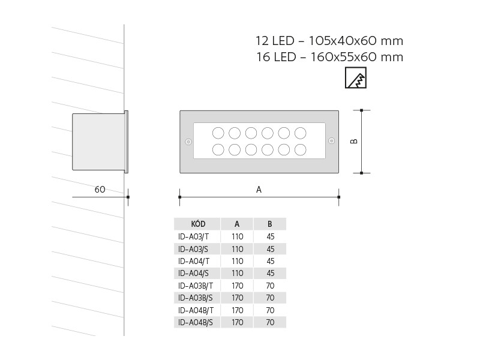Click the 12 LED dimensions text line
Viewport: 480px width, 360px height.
pyautogui.click(x=329, y=41)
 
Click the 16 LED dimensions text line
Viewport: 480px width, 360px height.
pyautogui.click(x=329, y=57)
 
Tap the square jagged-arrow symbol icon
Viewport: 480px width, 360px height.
pyautogui.click(x=356, y=78)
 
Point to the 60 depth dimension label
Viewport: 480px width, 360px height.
pyautogui.click(x=100, y=190)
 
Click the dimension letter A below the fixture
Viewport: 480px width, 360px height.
pyautogui.click(x=259, y=189)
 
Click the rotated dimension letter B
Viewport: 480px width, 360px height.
pyautogui.click(x=354, y=142)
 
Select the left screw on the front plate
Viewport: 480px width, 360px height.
pyautogui.click(x=188, y=142)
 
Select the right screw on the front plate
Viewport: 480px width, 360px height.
pyautogui.click(x=331, y=142)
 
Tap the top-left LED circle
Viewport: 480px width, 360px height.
pyautogui.click(x=218, y=133)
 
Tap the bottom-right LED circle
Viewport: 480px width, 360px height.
pyautogui.click(x=301, y=149)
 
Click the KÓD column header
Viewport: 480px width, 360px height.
pyautogui.click(x=197, y=224)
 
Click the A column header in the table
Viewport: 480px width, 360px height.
pyautogui.click(x=237, y=224)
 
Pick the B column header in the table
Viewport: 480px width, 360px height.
pyautogui.click(x=270, y=224)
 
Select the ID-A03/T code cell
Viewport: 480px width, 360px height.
pyautogui.click(x=194, y=236)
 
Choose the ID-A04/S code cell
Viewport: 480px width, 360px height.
pyautogui.click(x=194, y=273)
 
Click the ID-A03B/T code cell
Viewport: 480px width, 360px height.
pyautogui.click(x=196, y=285)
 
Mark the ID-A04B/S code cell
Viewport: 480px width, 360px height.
pyautogui.click(x=196, y=322)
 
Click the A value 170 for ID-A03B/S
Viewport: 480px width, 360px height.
pyautogui.click(x=237, y=298)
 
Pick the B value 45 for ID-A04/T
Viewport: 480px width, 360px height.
pyautogui.click(x=270, y=261)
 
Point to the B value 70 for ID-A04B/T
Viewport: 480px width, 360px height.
pyautogui.click(x=270, y=310)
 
